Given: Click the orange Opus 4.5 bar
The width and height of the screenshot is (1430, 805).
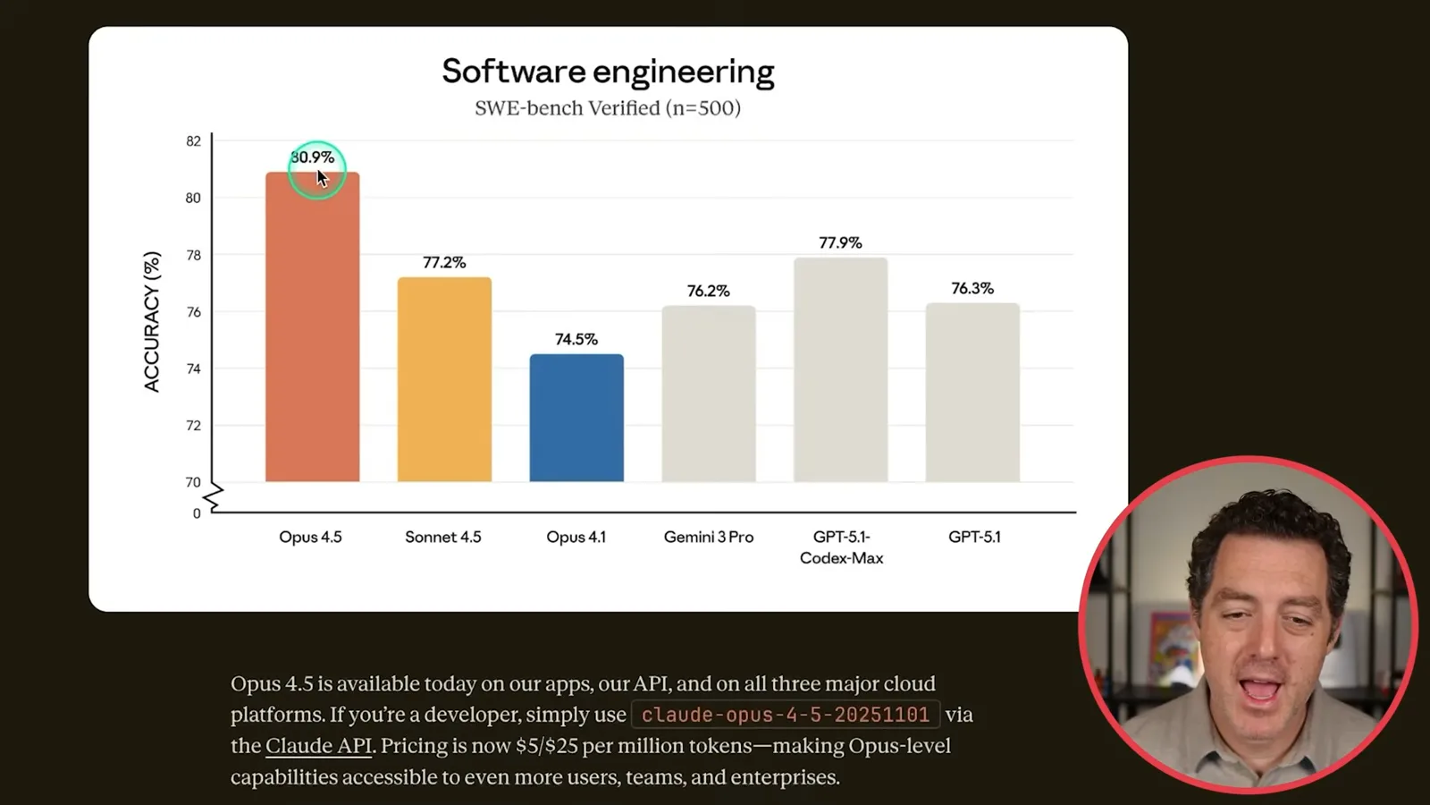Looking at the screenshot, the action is [312, 326].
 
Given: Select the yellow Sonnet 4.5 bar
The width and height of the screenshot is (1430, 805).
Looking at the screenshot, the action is [444, 379].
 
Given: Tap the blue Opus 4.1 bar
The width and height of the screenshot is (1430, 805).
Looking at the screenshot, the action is [576, 418].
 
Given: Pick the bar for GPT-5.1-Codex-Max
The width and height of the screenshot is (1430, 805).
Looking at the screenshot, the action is [841, 369].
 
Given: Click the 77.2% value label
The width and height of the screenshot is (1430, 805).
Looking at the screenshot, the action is [444, 263].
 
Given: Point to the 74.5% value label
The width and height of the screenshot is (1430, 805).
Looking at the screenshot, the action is [576, 339].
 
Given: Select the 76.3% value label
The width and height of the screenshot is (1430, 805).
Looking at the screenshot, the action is [972, 288].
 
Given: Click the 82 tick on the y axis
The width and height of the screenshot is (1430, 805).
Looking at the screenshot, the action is [193, 141].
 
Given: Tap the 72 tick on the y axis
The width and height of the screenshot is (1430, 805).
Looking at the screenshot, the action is [193, 426].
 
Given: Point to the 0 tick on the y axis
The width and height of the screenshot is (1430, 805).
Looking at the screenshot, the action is [197, 513].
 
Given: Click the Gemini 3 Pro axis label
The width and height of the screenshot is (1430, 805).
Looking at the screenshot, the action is [709, 537].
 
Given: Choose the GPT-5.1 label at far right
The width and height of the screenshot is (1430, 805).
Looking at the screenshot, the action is [974, 537].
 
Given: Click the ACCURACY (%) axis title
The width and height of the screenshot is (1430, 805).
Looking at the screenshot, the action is [151, 321].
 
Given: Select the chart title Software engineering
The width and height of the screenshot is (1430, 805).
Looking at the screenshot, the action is [608, 71].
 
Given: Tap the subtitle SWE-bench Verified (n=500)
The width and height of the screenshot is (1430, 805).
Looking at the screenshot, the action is [608, 108].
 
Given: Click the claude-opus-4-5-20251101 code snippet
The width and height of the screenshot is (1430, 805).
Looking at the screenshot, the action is [786, 715].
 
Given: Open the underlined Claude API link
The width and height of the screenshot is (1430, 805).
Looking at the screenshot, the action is [318, 746].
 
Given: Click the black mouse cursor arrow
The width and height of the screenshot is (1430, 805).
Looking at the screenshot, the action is [322, 178].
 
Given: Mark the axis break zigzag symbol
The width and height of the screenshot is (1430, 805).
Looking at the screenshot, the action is [214, 497].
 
